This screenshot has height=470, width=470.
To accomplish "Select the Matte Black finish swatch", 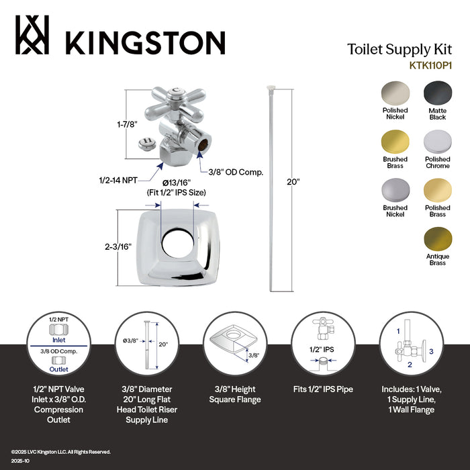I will coord(437,91).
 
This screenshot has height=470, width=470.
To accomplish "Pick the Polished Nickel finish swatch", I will coord(395,91).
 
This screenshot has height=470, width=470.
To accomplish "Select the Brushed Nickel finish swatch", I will coord(395,190).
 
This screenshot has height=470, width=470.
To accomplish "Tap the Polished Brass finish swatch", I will coord(437,190).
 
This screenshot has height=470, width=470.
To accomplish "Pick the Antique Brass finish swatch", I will coord(437,239).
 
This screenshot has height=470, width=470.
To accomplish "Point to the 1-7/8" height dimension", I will coord(110,124).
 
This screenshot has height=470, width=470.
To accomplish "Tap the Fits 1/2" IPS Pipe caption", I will coord(322,389).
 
